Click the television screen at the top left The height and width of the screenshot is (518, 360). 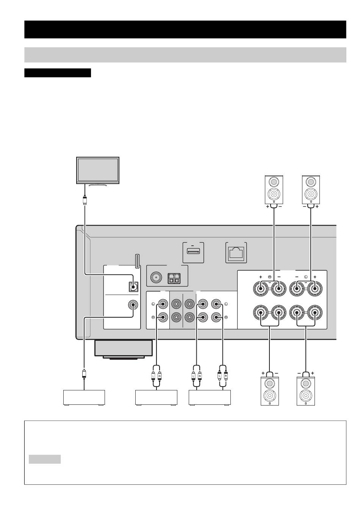[98, 170]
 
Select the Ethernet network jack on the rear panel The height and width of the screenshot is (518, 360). [236, 252]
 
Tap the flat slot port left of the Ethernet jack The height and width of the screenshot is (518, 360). [193, 251]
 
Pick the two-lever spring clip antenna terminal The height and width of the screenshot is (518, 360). [174, 278]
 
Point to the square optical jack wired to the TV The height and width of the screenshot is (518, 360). [133, 287]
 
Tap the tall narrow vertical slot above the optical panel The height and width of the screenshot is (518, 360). [137, 261]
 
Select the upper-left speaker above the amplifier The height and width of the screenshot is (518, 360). [274, 190]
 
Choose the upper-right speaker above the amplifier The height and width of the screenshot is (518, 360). [311, 190]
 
